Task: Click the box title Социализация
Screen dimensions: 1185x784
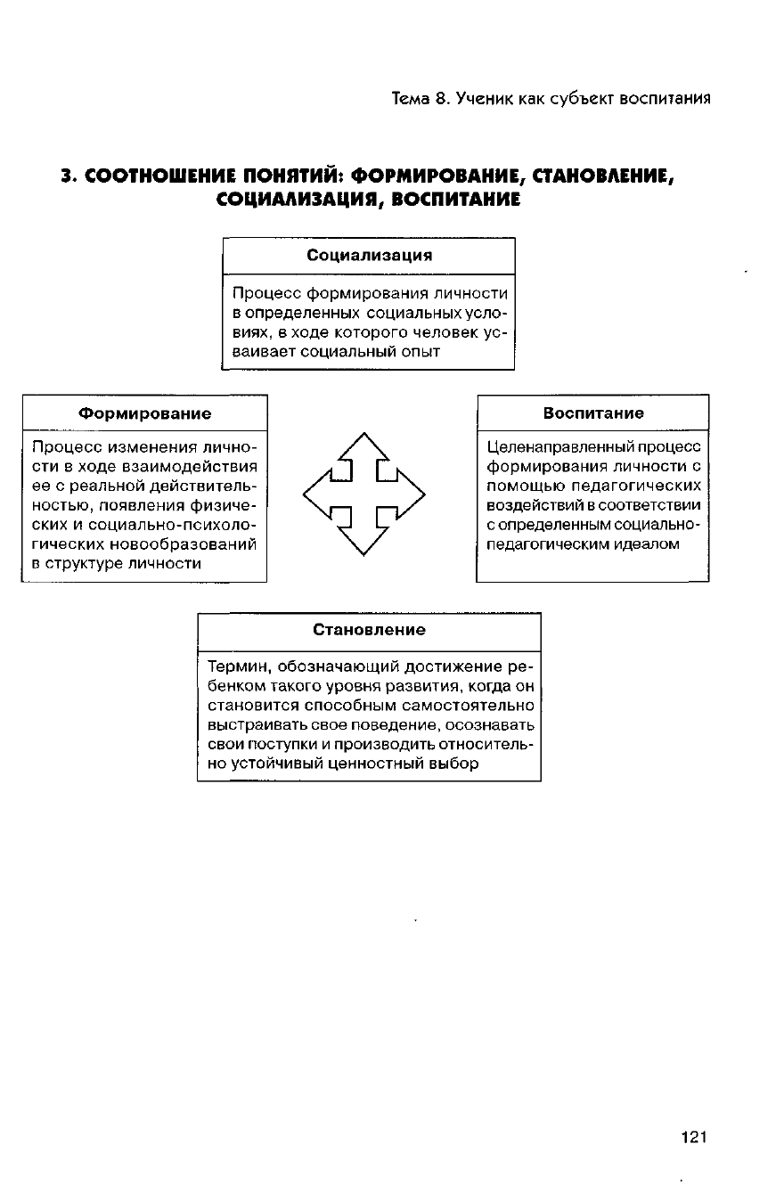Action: [369, 256]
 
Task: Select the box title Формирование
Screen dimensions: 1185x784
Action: [145, 413]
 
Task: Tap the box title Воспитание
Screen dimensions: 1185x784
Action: [593, 413]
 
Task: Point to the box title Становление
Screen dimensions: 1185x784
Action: [369, 630]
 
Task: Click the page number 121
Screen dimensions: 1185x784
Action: [692, 1137]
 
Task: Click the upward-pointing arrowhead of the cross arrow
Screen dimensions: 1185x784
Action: [364, 445]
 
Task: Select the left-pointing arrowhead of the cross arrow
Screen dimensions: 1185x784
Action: [317, 493]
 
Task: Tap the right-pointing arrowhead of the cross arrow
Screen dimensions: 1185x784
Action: [412, 493]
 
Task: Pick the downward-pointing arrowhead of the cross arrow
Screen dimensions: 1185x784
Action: [364, 541]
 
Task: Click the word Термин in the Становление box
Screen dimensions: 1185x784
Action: [234, 666]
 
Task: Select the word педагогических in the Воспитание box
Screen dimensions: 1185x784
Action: [644, 486]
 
